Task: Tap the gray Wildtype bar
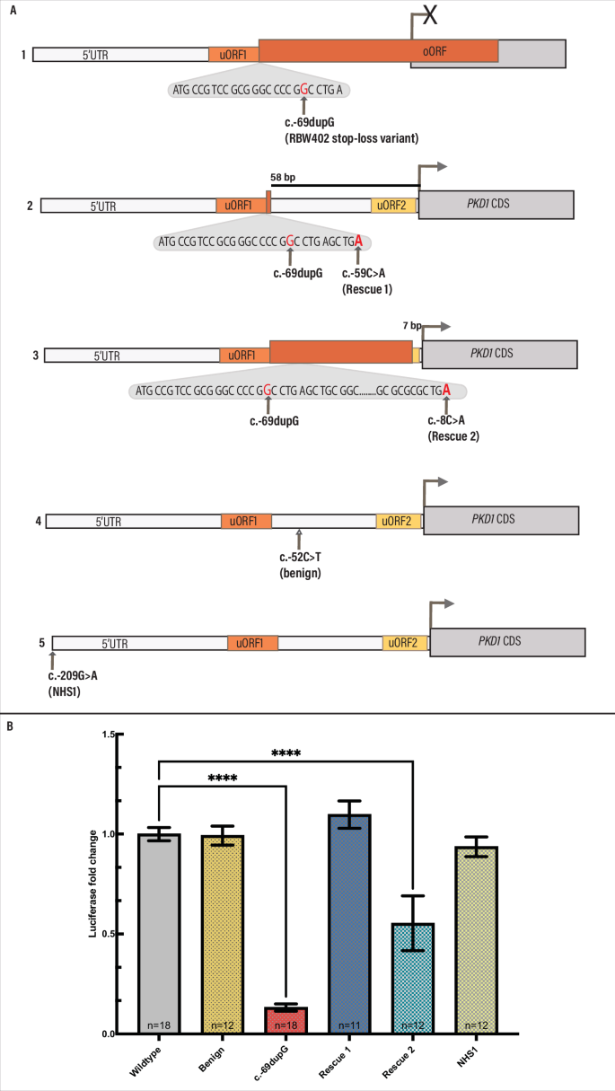pos(159,934)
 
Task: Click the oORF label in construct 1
pos(435,51)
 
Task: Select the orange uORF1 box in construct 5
pos(252,643)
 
